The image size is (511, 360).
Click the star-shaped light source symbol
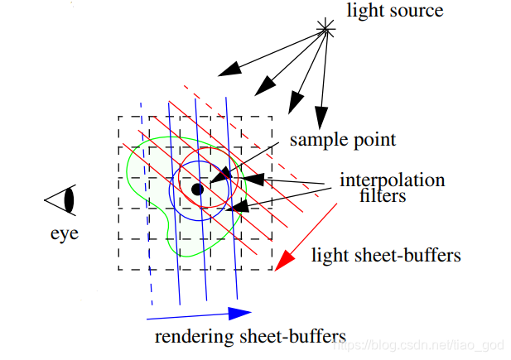point(325,32)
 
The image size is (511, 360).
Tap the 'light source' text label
point(395,12)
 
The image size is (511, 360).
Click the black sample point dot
point(197,190)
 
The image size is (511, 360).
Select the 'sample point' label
point(343,140)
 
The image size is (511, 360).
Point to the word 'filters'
point(383,196)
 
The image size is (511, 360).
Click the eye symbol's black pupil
point(70,200)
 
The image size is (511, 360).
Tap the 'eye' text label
point(64,233)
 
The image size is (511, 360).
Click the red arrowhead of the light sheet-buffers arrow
point(284,261)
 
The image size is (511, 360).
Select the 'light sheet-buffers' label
point(385,256)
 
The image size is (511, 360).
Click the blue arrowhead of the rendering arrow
point(239,313)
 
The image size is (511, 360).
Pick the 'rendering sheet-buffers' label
point(249,337)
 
